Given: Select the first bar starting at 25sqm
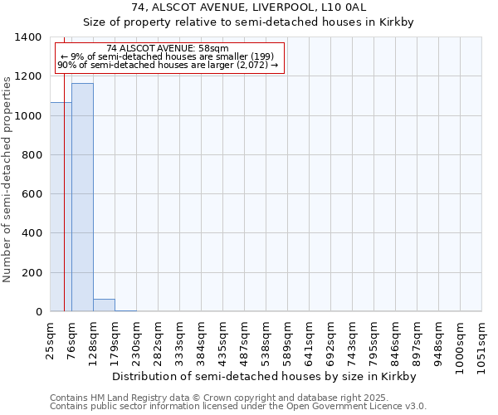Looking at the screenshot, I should [x=61, y=207].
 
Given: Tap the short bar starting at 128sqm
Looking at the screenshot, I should [x=104, y=305].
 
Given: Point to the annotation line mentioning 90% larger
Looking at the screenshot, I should [x=168, y=65].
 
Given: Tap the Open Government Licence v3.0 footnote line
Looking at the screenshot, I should [x=238, y=407].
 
